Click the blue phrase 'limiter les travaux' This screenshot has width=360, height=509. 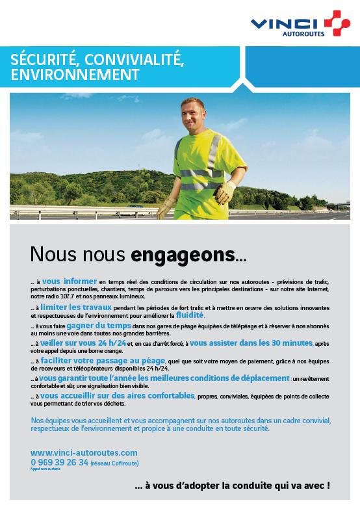[x=76, y=307]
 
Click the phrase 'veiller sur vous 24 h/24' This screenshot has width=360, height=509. [x=80, y=343]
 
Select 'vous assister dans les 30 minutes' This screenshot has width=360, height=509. [x=251, y=343]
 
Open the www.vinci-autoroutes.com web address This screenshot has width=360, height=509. [x=84, y=452]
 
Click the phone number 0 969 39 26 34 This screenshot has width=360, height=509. [x=59, y=462]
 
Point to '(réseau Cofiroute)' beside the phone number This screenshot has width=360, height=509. [x=115, y=463]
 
